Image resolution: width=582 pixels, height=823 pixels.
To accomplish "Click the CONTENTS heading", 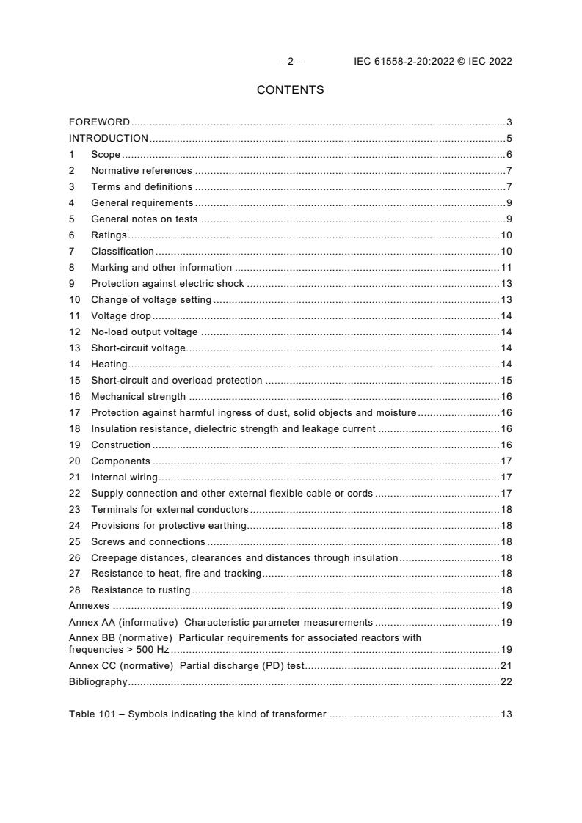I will coord(290,90).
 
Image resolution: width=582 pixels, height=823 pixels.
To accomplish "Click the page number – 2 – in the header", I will coord(290,62).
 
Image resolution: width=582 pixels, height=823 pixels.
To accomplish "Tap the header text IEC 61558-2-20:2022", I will coord(399,62).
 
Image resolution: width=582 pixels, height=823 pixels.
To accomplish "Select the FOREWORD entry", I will coord(99,122).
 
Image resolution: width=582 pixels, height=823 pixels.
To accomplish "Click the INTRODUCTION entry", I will coord(109,139).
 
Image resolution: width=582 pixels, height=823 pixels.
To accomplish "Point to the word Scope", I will coord(106,155).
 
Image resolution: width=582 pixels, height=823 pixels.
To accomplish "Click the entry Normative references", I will coord(141,171).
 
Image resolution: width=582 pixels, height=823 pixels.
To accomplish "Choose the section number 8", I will coord(72,268).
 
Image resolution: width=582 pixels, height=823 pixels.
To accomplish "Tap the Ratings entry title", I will coord(109,235).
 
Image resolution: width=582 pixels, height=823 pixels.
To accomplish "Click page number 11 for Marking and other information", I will coord(506,268).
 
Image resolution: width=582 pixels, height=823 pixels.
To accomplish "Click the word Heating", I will coord(109,365).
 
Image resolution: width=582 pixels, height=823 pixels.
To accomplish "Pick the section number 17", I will coord(74,413).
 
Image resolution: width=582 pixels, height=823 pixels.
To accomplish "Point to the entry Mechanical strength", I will coord(138,397).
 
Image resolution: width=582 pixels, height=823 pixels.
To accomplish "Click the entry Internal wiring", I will coord(124,478).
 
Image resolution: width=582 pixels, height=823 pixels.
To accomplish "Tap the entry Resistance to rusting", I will coord(140,590).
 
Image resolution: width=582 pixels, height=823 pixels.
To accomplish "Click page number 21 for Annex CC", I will coord(506,666).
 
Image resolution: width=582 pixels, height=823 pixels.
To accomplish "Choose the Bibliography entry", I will coord(98,682).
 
